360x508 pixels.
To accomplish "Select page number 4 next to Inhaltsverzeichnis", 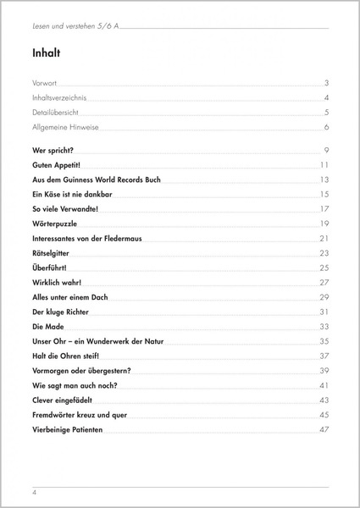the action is click(x=326, y=98).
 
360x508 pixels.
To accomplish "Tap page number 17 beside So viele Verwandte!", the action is click(x=324, y=208).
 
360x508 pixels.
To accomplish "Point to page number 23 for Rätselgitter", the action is click(x=324, y=252).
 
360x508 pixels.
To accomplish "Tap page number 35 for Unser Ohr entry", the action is click(x=324, y=340).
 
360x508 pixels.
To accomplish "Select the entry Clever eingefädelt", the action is click(x=68, y=400).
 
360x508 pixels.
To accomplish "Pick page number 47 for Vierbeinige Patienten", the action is click(x=324, y=428).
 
